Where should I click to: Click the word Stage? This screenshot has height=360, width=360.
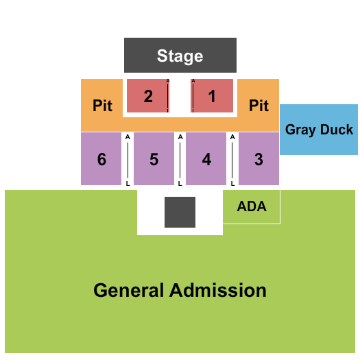point(180,56)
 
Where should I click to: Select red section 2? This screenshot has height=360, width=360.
point(148,96)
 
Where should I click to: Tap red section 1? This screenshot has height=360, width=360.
point(212,96)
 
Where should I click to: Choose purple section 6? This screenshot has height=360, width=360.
point(101,158)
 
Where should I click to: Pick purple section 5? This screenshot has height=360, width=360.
point(154,158)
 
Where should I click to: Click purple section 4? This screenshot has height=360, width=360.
point(206,158)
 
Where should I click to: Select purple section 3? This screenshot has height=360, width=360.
point(259,158)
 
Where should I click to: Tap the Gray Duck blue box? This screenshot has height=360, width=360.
point(319,130)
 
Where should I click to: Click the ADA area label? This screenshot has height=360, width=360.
point(252,206)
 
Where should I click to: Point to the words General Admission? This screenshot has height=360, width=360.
point(180,290)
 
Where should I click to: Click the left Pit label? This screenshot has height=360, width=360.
point(102,106)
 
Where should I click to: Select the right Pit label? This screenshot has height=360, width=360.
point(259,106)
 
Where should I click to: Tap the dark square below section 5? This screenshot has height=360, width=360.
point(180,212)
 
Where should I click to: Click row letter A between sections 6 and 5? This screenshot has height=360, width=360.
point(128,137)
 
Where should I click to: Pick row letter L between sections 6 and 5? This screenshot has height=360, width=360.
point(128,184)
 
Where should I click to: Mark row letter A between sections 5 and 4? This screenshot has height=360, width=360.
point(180,137)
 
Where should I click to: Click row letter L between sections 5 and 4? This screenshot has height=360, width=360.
point(180,184)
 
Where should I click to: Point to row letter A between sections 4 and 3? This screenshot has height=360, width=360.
point(232,137)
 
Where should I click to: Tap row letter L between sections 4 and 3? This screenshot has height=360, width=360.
point(232,184)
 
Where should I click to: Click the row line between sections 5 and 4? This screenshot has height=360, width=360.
point(180,160)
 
